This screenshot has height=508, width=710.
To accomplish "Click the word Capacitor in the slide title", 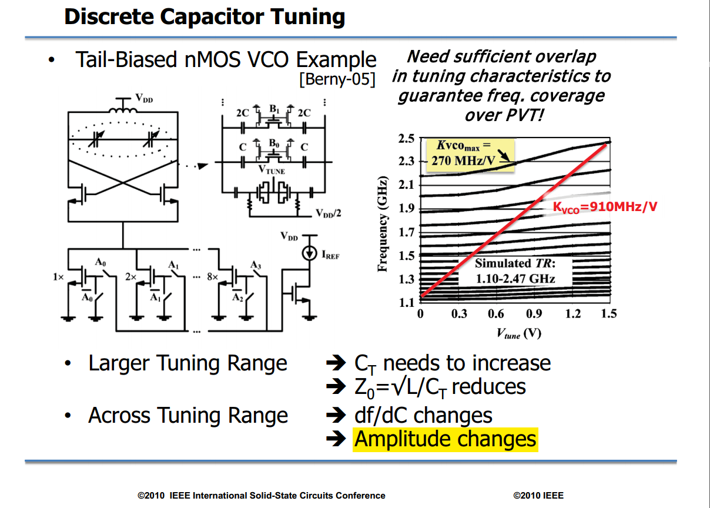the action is tap(212, 17).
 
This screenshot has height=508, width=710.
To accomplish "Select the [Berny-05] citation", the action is tap(337, 79).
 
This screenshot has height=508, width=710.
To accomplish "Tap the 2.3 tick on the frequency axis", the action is tap(406, 162).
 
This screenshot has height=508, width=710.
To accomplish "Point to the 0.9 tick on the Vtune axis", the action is tap(534, 313).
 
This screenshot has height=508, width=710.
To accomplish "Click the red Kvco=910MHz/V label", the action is tap(605, 207).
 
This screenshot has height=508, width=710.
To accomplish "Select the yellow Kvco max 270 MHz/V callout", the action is tap(470, 155).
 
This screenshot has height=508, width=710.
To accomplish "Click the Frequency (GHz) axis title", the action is tap(383, 223).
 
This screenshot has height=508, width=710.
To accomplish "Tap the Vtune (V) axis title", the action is tap(519, 333).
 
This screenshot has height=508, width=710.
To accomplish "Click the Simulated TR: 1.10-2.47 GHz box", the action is tap(515, 271).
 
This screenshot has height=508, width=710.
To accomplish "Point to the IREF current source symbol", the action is tap(309, 253).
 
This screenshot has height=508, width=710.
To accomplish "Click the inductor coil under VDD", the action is tap(123, 111).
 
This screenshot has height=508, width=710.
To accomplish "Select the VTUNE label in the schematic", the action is tap(272, 170).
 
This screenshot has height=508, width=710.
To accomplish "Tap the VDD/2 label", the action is tap(329, 213).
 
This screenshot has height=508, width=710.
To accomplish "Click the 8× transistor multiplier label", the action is tap(213, 277).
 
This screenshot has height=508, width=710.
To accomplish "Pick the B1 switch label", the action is tap(274, 109).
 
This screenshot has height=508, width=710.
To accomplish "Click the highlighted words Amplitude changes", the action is tap(446, 439).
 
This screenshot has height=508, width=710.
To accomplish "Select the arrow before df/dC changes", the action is tap(336, 415).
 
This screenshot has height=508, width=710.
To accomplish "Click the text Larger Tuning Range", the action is tap(188, 363).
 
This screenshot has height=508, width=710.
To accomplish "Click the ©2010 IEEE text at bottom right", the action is tap(538, 496).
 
